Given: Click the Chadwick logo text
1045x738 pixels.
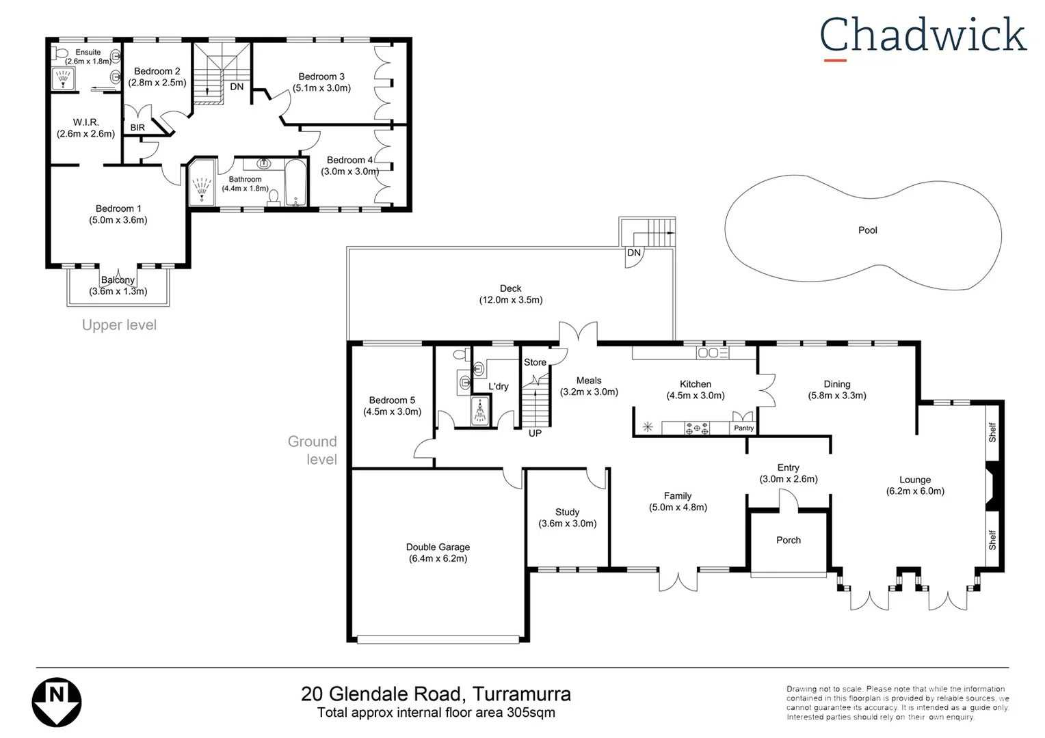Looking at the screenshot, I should coord(923,36).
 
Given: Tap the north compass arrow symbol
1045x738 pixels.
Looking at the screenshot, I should coord(57,702).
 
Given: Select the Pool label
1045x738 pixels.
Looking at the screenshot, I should coord(867,230).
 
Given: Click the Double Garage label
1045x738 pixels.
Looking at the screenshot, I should coord(438,547).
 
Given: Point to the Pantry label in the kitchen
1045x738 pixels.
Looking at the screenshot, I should coord(743,428).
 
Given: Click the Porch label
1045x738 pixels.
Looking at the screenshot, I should coord(788,540).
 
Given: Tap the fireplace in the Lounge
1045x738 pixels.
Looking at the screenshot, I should coord(992,487).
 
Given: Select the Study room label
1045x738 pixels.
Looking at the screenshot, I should coord(567,512).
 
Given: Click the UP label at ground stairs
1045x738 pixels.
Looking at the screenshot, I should coord(535,433).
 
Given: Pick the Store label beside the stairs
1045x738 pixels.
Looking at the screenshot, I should coord(535,362).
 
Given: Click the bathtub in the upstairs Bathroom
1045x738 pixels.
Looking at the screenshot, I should coord(295,183).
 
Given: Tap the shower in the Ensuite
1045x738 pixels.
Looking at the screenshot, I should coord(64,79).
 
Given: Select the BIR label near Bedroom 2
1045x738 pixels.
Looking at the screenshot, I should coord(137,128).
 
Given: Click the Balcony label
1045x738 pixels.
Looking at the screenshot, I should coord(118,280).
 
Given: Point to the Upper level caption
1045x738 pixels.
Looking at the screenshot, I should coord(119,325).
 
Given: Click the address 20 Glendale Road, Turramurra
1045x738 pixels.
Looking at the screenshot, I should coord(436,694).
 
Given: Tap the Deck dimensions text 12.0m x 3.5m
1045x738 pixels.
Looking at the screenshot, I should coord(510,300).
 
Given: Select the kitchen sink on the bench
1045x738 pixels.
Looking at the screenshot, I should coord(712,353).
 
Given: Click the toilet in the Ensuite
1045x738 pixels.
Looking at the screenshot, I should coord(61,53).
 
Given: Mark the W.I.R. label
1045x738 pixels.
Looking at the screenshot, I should coord(86,122).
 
